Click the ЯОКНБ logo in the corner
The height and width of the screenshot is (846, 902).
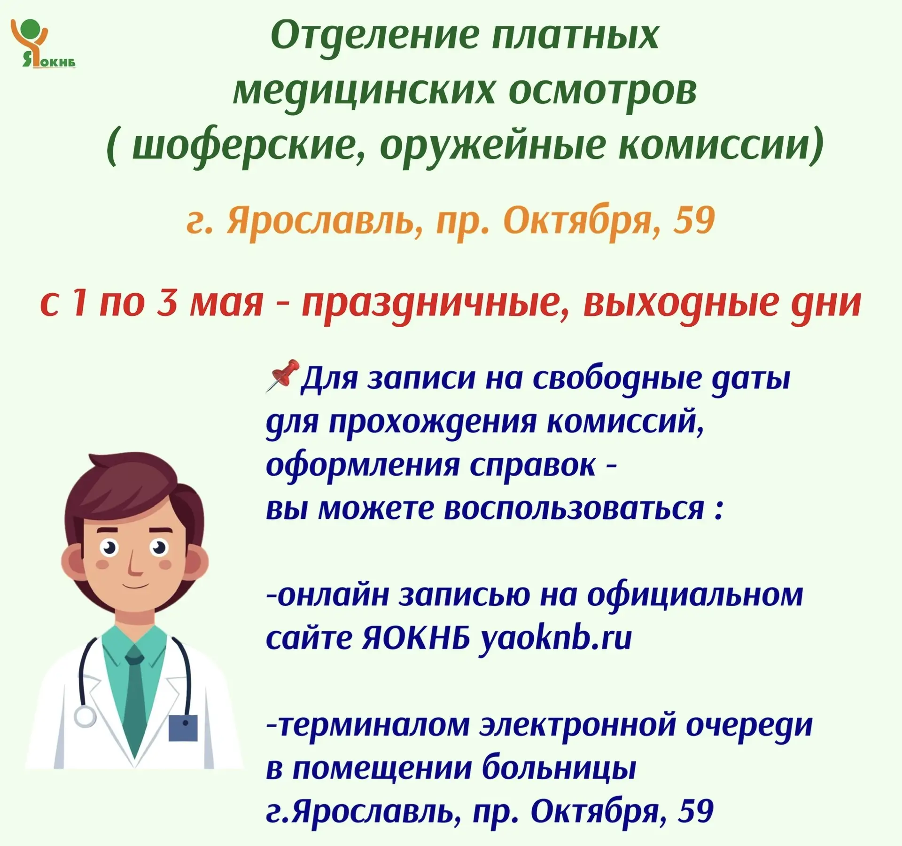pos(43,43)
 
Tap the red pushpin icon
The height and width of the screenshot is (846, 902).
pos(283,376)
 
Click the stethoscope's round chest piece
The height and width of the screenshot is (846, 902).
pos(85,717)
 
